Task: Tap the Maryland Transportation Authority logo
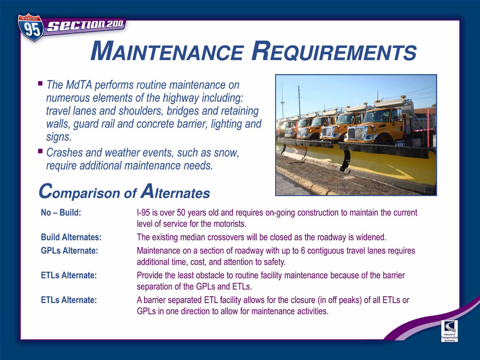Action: [449, 331]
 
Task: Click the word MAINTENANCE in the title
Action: [168, 51]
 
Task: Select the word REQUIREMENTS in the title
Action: [334, 51]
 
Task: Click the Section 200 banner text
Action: [85, 25]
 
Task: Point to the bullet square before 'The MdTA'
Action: [40, 83]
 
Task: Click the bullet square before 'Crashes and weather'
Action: [40, 151]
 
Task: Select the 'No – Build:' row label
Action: [61, 213]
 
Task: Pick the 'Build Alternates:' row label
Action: [71, 237]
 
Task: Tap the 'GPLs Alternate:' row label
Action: [70, 251]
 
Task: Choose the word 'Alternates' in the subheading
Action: [175, 192]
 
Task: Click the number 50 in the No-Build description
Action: [181, 213]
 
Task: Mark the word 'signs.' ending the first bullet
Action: [59, 136]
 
